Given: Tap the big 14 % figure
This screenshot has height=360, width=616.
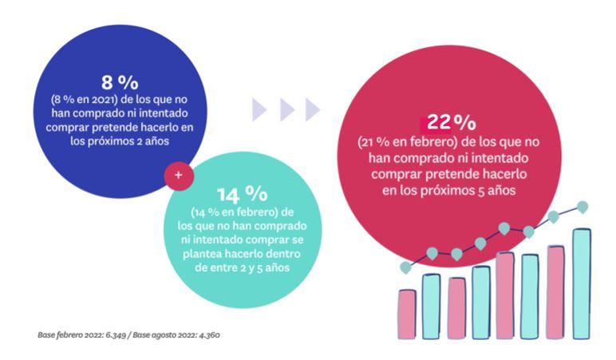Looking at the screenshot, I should pyautogui.click(x=242, y=194).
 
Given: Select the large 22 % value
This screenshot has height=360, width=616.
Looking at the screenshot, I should pyautogui.click(x=450, y=123).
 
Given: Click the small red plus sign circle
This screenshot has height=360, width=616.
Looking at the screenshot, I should pyautogui.click(x=178, y=174).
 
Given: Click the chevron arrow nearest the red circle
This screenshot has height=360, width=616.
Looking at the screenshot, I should pyautogui.click(x=313, y=109).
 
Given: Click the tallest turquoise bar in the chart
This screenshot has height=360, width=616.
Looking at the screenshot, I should pyautogui.click(x=581, y=283).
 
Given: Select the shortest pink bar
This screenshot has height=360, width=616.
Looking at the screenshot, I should pyautogui.click(x=407, y=315).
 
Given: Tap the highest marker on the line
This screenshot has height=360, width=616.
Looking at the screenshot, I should pyautogui.click(x=582, y=208).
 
